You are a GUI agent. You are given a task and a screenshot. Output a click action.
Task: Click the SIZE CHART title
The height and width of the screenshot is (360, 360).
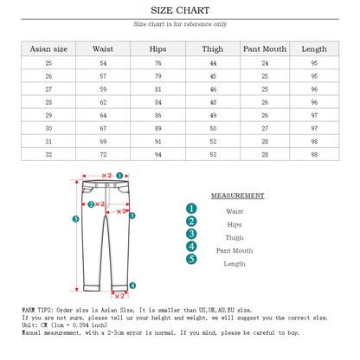(179, 10)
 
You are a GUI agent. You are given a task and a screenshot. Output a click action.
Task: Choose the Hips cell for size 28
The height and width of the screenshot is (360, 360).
(157, 102)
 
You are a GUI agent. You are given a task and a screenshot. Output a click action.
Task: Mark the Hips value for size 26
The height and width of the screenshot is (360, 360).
(157, 76)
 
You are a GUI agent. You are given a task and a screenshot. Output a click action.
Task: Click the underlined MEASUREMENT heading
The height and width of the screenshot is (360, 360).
(237, 196)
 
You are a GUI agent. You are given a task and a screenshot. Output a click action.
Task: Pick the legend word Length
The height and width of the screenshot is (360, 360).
(235, 263)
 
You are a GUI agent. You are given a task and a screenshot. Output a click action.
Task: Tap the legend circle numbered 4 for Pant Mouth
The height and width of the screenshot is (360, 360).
(191, 250)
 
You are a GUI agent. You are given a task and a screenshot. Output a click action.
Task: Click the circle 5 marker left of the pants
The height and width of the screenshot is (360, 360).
(75, 219)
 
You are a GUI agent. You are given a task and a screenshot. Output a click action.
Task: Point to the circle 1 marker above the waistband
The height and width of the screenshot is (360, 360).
(120, 174)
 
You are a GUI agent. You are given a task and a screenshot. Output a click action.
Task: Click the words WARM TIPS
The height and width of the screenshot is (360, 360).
(39, 309)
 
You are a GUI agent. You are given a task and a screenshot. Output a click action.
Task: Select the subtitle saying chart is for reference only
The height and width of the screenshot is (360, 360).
(180, 25)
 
